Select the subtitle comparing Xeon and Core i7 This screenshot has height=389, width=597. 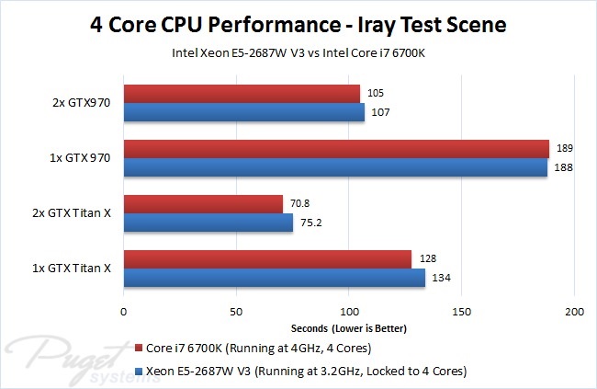(298, 52)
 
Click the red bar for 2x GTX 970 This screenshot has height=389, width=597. (242, 93)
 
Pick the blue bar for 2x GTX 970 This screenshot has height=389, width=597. (244, 112)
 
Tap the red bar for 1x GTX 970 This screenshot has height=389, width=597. (336, 148)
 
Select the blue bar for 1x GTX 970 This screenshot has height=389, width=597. (335, 167)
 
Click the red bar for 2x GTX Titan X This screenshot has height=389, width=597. (203, 204)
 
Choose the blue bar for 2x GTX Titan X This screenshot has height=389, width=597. (208, 223)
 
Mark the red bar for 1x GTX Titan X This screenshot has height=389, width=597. (267, 259)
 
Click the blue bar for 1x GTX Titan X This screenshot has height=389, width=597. (275, 278)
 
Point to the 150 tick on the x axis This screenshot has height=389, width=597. (461, 311)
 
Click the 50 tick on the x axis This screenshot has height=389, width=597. (236, 311)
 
